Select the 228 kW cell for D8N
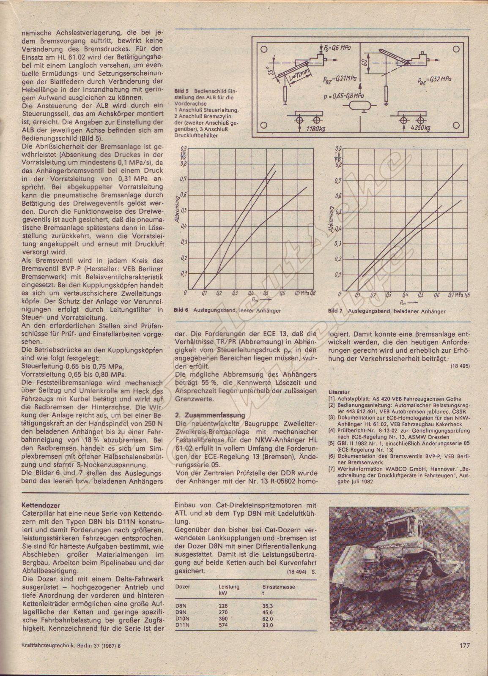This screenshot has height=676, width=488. coord(224,605)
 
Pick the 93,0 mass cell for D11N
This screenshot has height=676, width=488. coord(268,626)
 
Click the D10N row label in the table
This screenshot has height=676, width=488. coord(182,619)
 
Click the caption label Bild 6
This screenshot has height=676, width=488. coord(181,311)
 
